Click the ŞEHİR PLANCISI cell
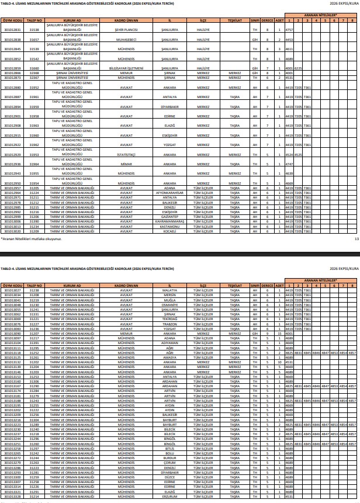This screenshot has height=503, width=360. pyautogui.click(x=126, y=29)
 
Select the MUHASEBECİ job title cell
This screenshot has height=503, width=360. pyautogui.click(x=126, y=39)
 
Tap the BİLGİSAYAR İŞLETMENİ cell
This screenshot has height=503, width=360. pyautogui.click(x=126, y=68)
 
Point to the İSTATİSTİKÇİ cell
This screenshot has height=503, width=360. pyautogui.click(x=126, y=154)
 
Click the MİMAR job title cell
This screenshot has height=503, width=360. pyautogui.click(x=126, y=164)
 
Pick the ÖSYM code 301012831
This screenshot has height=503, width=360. pyautogui.click(x=13, y=29)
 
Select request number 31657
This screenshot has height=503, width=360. pyautogui.click(x=34, y=39)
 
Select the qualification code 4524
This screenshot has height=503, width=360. pyautogui.click(x=289, y=154)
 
